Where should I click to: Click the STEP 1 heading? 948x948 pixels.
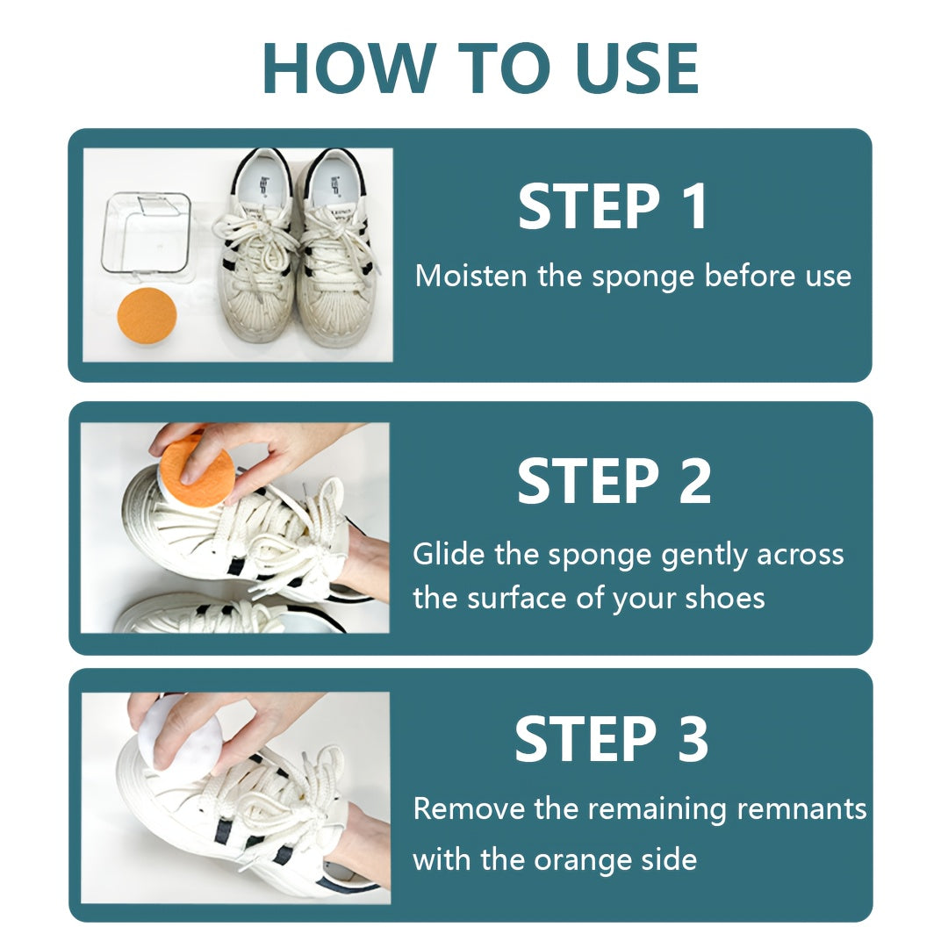pos(612,207)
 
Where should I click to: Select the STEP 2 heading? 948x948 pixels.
pos(614,481)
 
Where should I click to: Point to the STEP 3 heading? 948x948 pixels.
pos(611,739)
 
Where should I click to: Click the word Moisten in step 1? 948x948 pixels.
pos(471,276)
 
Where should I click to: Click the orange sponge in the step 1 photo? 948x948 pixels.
pos(147,316)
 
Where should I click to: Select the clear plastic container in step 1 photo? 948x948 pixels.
pos(146,232)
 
